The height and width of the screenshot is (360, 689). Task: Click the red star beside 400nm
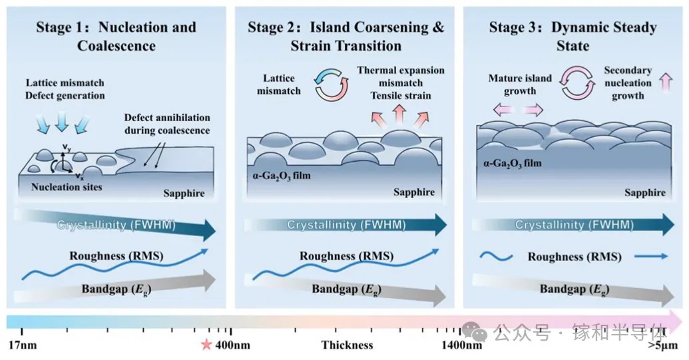pos(206,345)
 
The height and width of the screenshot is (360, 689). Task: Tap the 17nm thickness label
pos(23,345)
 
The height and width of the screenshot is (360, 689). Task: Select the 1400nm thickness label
pos(461,345)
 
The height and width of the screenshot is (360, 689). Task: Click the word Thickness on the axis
pos(347,345)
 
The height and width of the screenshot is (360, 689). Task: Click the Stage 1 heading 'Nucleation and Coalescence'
pos(116,36)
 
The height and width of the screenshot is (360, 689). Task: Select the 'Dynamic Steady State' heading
pos(573,36)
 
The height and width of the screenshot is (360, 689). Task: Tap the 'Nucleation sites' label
pos(67,187)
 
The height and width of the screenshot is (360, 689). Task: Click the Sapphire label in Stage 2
pos(414,192)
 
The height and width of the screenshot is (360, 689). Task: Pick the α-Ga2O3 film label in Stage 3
pos(513,163)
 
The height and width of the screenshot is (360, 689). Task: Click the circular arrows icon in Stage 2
pos(332,84)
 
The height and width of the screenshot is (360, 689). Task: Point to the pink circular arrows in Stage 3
pos(577,83)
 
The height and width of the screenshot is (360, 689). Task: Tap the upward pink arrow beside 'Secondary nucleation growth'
pos(666,83)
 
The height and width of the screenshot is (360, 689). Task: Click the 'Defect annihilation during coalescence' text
pos(167,124)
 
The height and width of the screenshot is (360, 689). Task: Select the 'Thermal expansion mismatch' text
pos(401,77)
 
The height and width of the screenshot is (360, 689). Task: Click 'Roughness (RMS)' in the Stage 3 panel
pos(574,257)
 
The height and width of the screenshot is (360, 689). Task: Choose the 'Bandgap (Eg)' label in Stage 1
pos(116,289)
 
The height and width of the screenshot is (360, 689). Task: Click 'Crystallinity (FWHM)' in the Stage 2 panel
pos(346,225)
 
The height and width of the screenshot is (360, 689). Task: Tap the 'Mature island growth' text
pos(520,85)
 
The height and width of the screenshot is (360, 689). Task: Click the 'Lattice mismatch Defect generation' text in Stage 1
pos(65,89)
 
